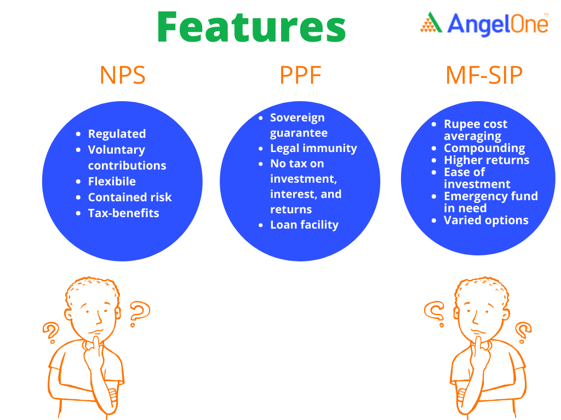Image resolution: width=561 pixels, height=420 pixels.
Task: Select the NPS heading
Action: click(x=122, y=75)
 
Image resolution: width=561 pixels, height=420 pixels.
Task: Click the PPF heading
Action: click(x=300, y=75)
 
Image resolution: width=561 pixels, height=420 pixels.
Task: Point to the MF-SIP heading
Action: click(x=484, y=75)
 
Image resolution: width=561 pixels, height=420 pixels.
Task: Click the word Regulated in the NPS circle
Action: click(x=117, y=134)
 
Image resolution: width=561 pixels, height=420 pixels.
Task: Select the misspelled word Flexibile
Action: click(x=112, y=182)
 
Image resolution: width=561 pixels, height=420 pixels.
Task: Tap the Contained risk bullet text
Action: click(x=130, y=197)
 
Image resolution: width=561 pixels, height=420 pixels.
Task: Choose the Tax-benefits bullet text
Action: click(x=123, y=213)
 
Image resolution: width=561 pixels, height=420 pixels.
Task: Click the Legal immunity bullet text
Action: click(x=313, y=148)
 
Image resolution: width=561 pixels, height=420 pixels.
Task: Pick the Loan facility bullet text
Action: click(x=304, y=225)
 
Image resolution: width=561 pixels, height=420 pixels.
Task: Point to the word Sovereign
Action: click(x=297, y=118)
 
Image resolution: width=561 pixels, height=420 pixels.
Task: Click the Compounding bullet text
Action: click(x=484, y=148)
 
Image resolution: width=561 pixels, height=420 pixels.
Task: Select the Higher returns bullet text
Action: click(x=486, y=160)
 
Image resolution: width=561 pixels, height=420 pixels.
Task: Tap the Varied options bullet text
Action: click(x=486, y=220)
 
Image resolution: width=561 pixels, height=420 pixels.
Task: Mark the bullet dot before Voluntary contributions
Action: click(x=78, y=150)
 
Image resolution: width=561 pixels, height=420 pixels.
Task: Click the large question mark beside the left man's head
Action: click(x=140, y=314)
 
